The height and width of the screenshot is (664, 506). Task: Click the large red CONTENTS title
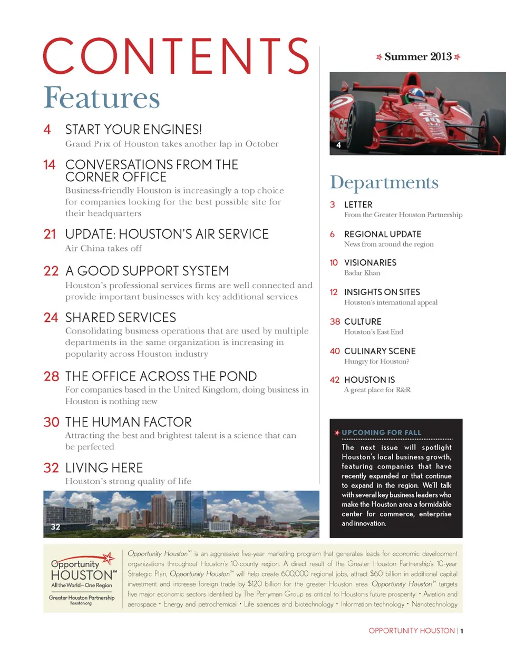click(x=176, y=56)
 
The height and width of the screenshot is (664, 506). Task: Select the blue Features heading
click(x=102, y=98)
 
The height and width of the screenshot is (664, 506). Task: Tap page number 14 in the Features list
click(x=49, y=165)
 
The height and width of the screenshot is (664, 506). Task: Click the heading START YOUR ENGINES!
click(x=133, y=130)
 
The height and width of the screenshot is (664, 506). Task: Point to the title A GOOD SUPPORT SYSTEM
click(x=147, y=271)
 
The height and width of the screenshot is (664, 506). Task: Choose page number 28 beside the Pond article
click(x=51, y=376)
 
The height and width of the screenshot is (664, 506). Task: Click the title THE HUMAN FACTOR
click(x=128, y=422)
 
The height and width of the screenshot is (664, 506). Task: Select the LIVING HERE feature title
click(x=104, y=468)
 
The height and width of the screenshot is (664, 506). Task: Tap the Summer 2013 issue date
click(x=418, y=57)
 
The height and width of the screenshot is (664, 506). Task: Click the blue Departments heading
click(x=384, y=182)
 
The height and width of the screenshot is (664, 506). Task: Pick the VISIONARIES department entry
click(x=370, y=262)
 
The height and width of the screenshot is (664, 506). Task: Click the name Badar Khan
click(x=362, y=273)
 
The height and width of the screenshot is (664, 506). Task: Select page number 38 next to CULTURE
click(x=335, y=321)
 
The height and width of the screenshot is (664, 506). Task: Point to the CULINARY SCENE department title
click(x=379, y=351)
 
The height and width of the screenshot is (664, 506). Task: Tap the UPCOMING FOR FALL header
click(x=382, y=433)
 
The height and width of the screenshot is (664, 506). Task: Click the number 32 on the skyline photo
click(x=55, y=527)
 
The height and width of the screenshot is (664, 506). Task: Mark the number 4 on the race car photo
click(x=338, y=145)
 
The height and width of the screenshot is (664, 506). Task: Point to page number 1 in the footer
click(x=462, y=631)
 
